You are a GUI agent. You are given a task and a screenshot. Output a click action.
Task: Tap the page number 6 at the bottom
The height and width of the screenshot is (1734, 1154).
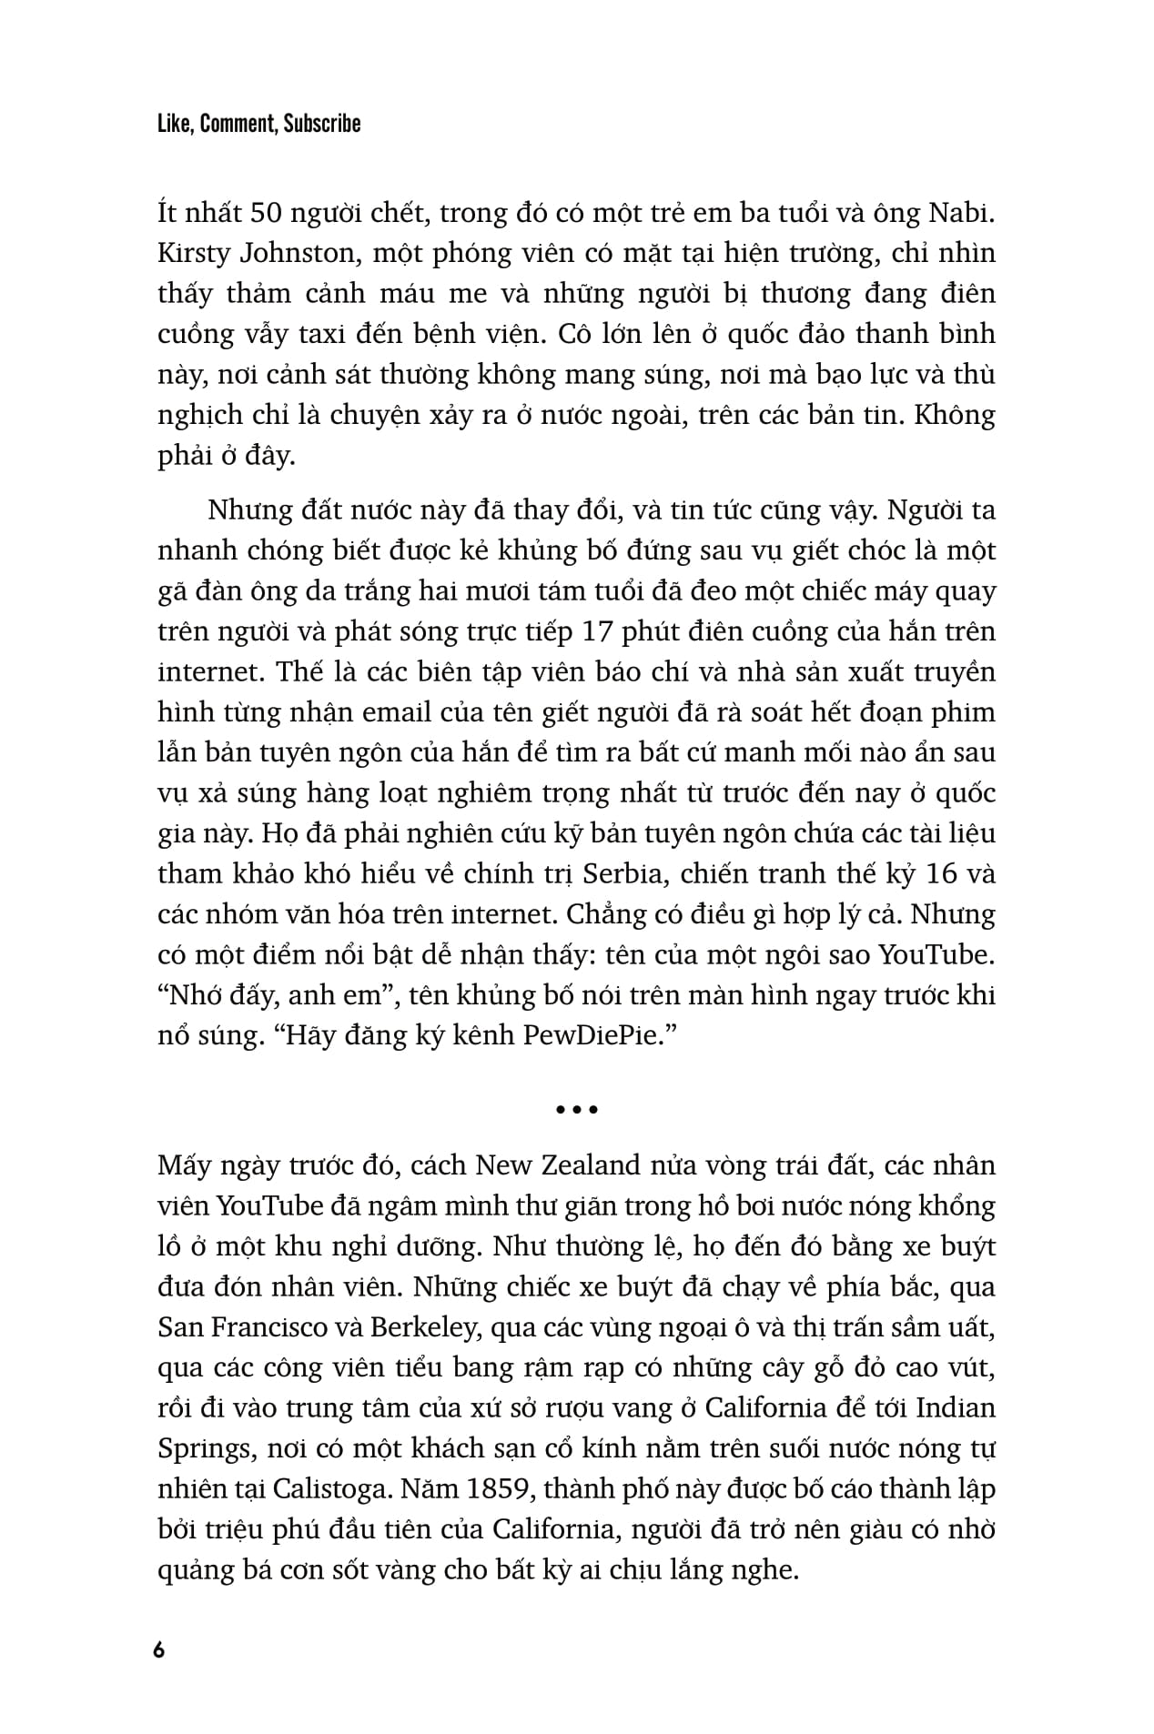(160, 1650)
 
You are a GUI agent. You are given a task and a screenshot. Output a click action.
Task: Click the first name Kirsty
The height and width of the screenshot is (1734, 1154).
(189, 254)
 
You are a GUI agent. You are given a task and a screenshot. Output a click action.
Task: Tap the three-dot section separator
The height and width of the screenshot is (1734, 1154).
(576, 1109)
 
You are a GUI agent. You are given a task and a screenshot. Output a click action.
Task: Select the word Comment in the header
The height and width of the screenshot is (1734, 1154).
(238, 124)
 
